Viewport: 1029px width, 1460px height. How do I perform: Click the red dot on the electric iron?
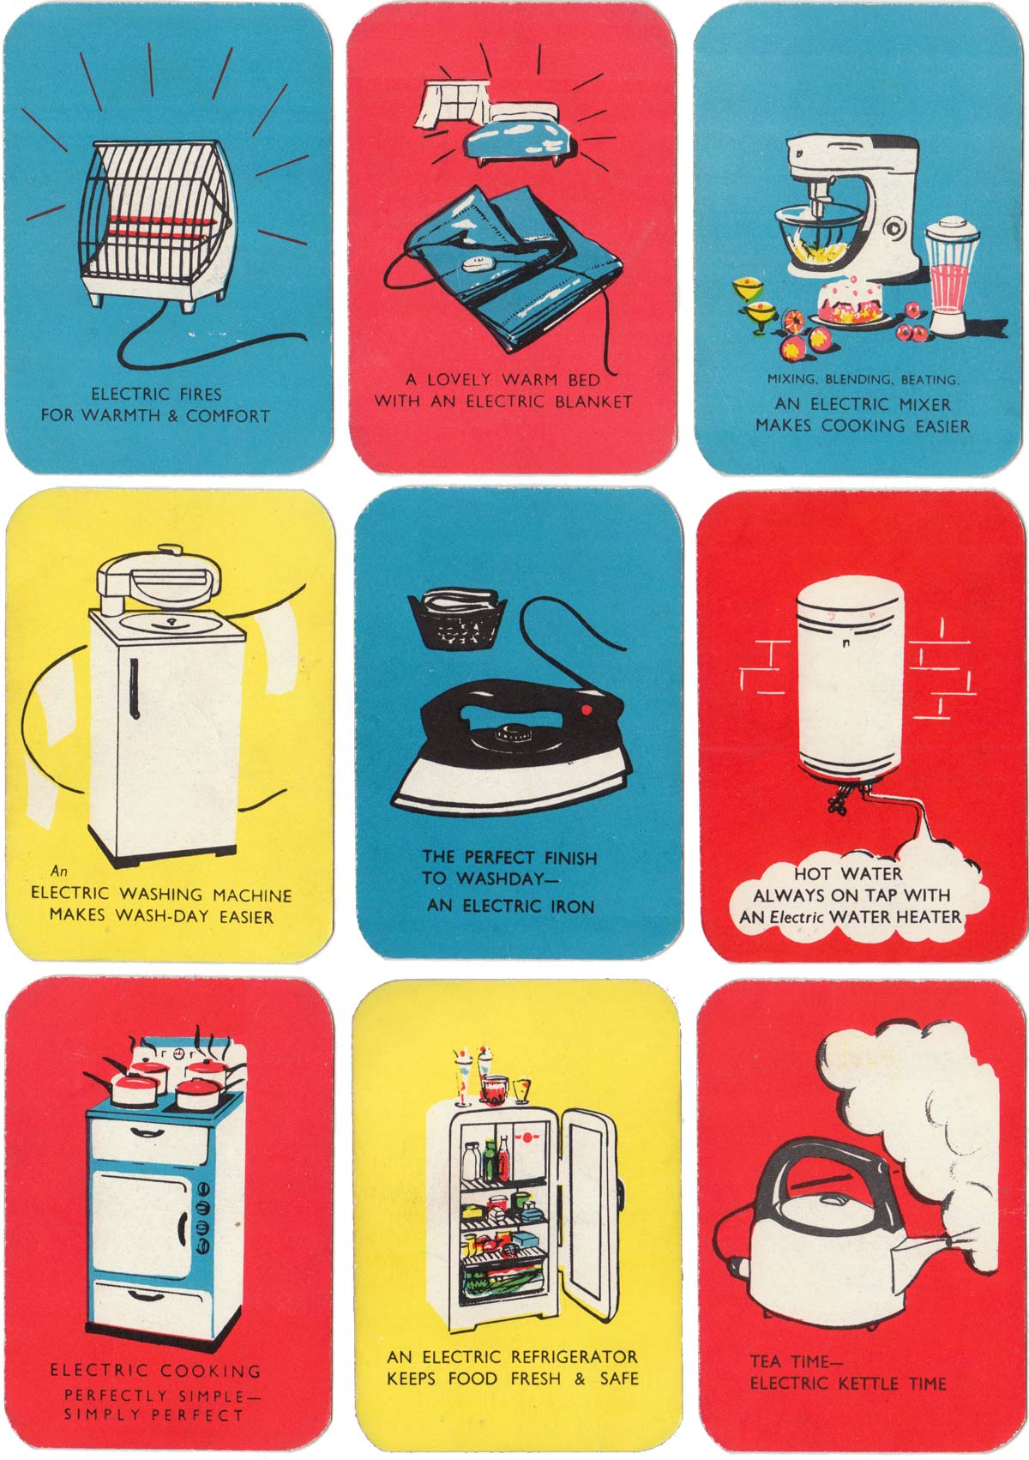point(586,709)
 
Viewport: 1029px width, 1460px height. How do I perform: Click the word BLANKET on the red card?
point(593,401)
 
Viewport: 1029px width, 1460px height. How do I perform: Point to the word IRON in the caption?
point(571,906)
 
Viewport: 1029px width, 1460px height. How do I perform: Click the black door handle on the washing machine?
point(135,688)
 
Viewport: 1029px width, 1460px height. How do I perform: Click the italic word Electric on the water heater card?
point(797,917)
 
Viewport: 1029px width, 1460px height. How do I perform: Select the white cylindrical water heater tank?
point(850,678)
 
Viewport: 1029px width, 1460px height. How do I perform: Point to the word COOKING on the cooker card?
point(210,1371)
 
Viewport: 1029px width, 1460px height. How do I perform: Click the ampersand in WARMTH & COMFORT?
point(172,415)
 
